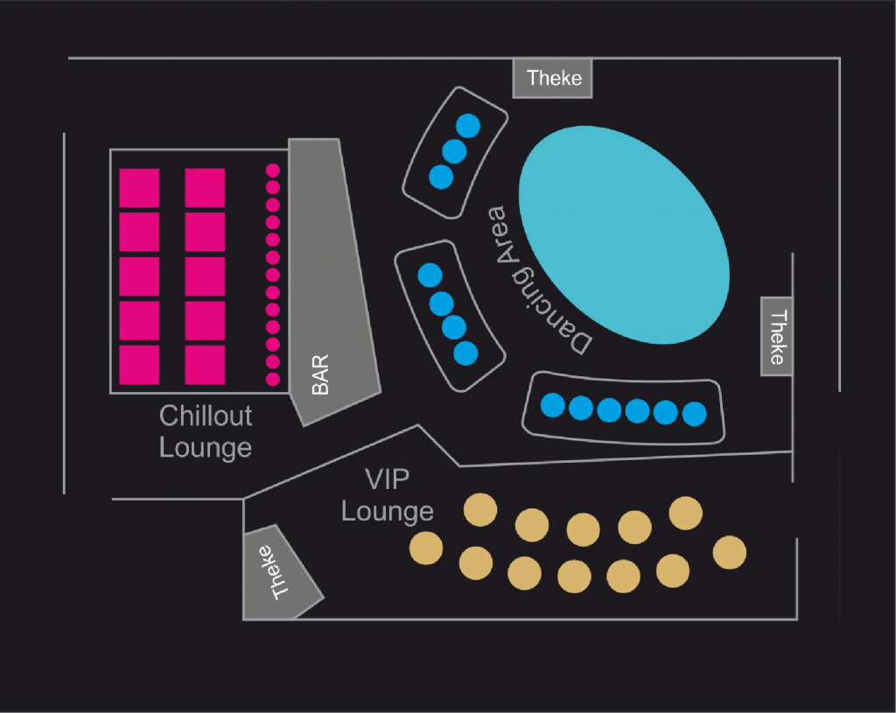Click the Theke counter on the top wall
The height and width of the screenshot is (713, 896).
(554, 79)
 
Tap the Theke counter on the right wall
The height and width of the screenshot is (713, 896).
(777, 337)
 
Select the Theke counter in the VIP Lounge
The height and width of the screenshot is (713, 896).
(281, 573)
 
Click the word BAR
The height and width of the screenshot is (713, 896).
(320, 374)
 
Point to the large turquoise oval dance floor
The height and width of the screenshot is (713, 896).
(624, 234)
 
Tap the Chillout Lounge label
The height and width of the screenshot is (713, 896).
(206, 431)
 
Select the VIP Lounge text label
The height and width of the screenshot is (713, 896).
(387, 495)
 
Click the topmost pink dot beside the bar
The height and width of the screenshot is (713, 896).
(272, 170)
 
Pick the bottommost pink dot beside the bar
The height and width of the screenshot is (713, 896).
(272, 379)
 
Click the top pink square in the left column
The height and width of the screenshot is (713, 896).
(139, 188)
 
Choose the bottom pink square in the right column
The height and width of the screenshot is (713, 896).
(205, 365)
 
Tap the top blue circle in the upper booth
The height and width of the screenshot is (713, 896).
(469, 125)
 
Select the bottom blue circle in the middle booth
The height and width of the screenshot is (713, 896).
(466, 353)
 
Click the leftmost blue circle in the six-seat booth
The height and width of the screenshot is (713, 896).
(553, 405)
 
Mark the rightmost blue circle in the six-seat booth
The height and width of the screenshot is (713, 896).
(694, 414)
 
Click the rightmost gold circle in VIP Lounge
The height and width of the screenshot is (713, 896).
(730, 552)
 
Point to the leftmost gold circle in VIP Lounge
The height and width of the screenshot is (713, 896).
(426, 548)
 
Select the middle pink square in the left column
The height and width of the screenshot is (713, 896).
(139, 276)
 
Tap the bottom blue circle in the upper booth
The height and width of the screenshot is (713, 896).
(441, 177)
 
